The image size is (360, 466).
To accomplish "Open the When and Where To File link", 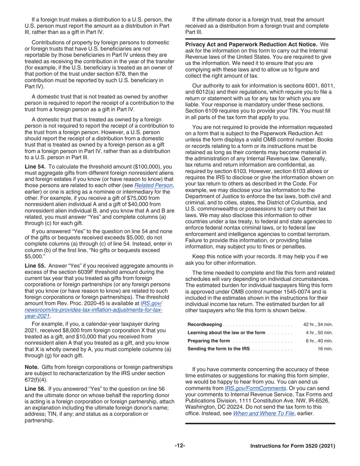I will (x=263, y=413).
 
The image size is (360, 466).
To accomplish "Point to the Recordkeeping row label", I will (x=205, y=324).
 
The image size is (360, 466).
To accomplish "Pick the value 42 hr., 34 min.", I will (x=318, y=324).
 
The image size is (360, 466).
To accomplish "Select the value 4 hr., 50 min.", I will (x=319, y=332).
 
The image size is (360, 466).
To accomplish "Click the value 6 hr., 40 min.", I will (x=319, y=341).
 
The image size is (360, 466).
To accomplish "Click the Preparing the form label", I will (x=209, y=341).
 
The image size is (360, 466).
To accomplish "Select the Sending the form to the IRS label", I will (x=219, y=349).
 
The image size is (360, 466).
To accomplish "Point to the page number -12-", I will (x=180, y=446).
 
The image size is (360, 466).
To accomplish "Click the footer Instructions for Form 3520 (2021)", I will (x=293, y=446).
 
